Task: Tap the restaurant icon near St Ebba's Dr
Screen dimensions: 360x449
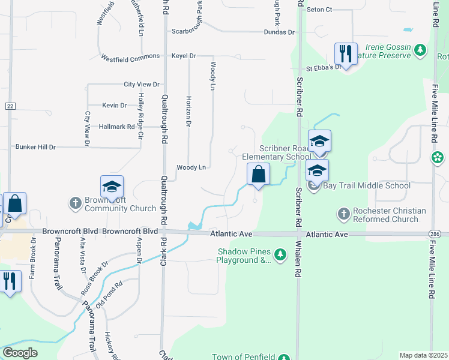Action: coord(345,53)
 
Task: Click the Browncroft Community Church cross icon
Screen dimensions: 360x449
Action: coord(75,203)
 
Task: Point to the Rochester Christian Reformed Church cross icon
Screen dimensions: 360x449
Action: coord(344,214)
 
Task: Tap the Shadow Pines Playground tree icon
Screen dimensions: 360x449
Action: coord(280,256)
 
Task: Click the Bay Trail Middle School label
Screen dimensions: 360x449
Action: coord(367,185)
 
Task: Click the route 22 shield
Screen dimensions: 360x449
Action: coord(10,106)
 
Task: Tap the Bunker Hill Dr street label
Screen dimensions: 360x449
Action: coord(35,146)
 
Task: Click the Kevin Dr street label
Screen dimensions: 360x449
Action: coord(114,106)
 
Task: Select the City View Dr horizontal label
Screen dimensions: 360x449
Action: coord(142,85)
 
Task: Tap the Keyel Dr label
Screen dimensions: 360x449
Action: coord(184,56)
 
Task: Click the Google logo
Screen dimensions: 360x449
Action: coord(20,353)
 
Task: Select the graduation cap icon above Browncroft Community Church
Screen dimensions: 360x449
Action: coord(112,187)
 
